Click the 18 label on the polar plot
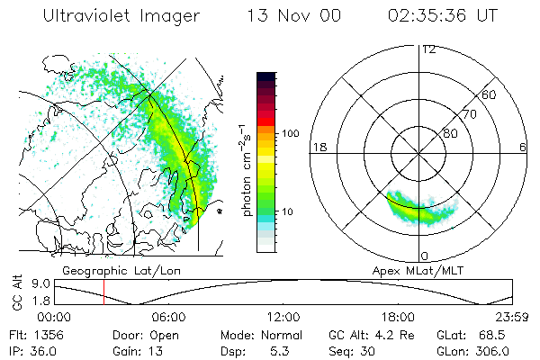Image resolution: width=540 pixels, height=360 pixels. (318, 147)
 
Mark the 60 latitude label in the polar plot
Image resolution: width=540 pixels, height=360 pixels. (489, 94)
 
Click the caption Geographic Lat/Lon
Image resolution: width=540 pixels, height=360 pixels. (103, 270)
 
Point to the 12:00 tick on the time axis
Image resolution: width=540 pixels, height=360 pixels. (283, 317)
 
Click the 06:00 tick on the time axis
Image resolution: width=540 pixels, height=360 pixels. (168, 317)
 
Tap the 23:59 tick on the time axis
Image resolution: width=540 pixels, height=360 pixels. (512, 317)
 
